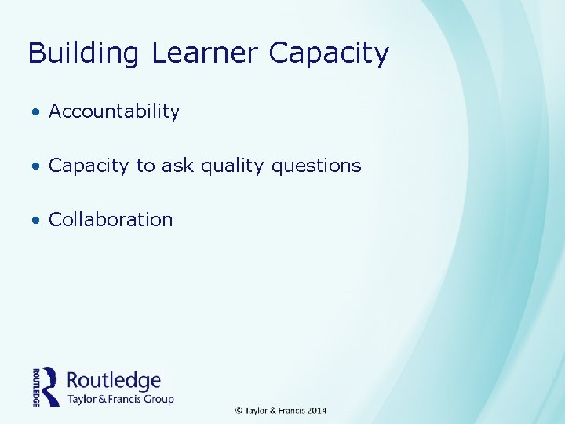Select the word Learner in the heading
[204, 53]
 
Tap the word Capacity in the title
[329, 53]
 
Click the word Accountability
[114, 111]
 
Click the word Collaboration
[111, 220]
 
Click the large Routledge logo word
[115, 381]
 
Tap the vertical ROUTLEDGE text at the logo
[36, 386]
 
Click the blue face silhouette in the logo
[52, 386]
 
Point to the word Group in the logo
[158, 399]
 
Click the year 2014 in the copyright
[317, 410]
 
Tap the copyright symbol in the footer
[239, 410]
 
